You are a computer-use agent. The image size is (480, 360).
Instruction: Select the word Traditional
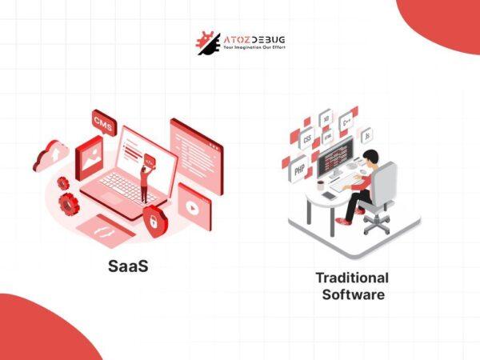tap(352, 278)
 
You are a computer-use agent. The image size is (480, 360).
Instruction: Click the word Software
tap(353, 294)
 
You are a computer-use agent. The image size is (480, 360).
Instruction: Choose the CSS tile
tap(307, 138)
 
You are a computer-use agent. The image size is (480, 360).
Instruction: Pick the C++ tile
tap(347, 123)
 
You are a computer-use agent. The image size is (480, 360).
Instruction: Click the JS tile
tap(366, 135)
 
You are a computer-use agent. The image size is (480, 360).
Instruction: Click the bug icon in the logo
tap(206, 42)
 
